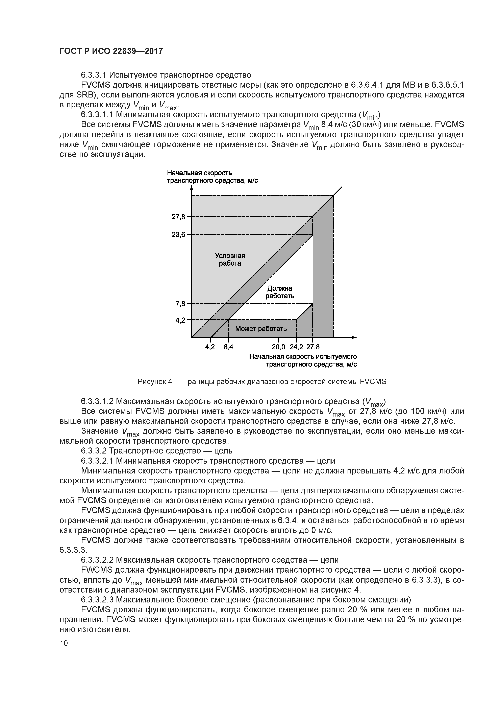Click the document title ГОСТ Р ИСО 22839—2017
coord(111,51)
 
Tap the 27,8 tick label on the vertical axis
coord(178,217)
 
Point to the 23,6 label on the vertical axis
coord(178,235)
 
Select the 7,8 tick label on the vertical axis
coord(180,304)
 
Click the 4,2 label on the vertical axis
coord(180,320)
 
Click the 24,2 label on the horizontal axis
coord(296,347)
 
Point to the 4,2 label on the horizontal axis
coord(210,347)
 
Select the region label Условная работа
coord(230,259)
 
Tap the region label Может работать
coord(261,329)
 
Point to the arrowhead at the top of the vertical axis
coord(192,188)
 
